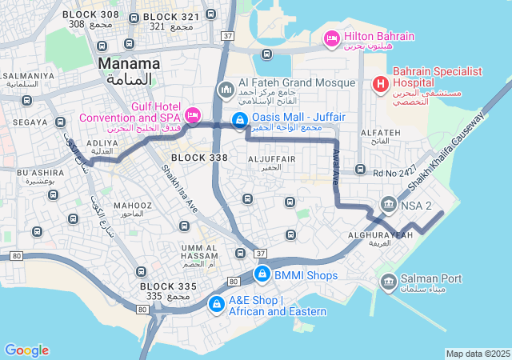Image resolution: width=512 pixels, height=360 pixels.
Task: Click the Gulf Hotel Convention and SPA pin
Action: pos(193,114)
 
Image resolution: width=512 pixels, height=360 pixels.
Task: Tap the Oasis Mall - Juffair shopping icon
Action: pos(238,121)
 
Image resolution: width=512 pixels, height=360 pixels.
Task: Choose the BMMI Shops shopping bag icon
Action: pos(262,274)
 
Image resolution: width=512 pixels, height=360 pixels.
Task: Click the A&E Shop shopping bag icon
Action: pos(216,304)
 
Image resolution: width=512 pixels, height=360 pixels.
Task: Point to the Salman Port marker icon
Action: pos(389,281)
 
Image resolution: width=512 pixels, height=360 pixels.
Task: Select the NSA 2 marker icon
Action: pos(389,205)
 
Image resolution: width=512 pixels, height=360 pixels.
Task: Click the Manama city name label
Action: pos(128,63)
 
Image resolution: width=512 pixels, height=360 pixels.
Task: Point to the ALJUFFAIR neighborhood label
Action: pos(272,159)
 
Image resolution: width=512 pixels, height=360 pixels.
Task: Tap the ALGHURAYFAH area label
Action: pos(381,234)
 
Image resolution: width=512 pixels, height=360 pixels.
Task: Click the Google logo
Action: pos(26,350)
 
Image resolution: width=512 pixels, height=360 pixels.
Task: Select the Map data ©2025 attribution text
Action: pos(478,354)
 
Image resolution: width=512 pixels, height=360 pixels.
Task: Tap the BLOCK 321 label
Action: pos(171,17)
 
